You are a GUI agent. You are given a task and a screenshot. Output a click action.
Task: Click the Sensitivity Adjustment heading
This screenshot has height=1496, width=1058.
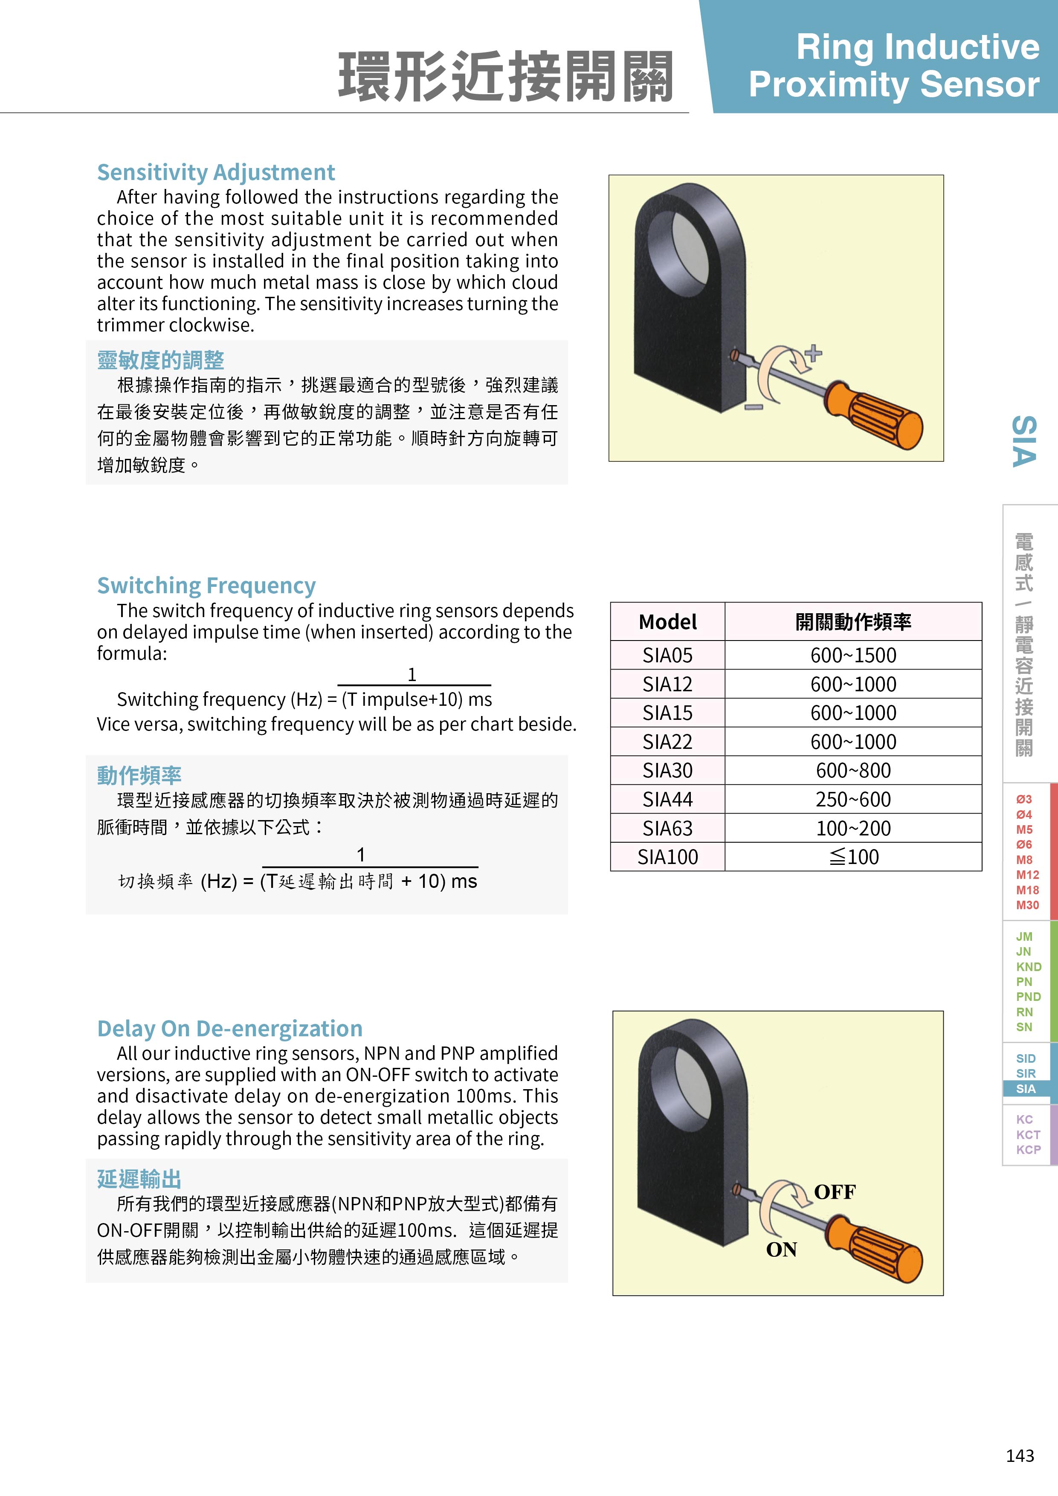pyautogui.click(x=216, y=173)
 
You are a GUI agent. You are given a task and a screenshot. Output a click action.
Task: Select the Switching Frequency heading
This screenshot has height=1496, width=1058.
pyautogui.click(x=206, y=586)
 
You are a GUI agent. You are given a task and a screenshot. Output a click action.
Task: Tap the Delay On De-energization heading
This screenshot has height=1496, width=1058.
pyautogui.click(x=229, y=1028)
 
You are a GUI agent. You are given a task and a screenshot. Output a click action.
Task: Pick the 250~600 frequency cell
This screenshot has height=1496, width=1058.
pyautogui.click(x=853, y=800)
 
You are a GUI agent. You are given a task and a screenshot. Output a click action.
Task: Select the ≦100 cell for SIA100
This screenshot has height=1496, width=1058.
pyautogui.click(x=853, y=857)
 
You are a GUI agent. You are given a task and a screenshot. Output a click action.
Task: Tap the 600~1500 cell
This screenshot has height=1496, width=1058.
pyautogui.click(x=853, y=655)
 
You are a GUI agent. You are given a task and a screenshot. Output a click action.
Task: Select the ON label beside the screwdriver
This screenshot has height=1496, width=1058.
pyautogui.click(x=781, y=1250)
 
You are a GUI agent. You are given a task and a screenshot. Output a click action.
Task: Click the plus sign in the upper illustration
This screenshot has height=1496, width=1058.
pyautogui.click(x=814, y=354)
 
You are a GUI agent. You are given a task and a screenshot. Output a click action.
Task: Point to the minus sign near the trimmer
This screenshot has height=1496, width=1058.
pyautogui.click(x=754, y=407)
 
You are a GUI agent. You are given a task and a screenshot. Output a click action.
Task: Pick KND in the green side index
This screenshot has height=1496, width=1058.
pyautogui.click(x=1028, y=967)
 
